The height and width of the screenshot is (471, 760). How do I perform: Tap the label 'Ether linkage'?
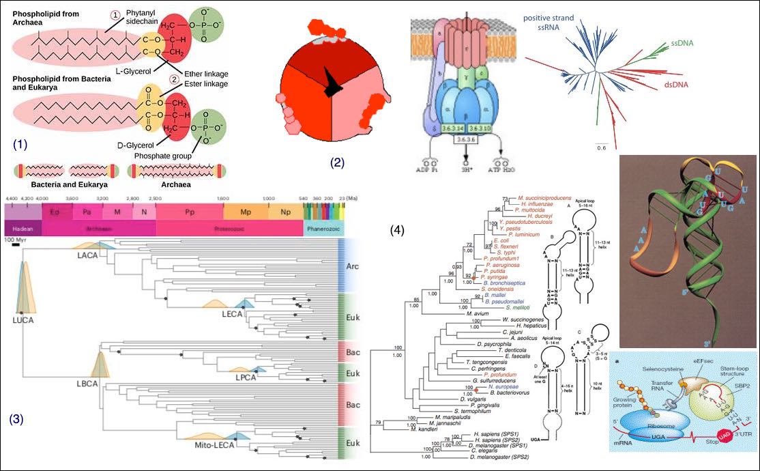(206, 74)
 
